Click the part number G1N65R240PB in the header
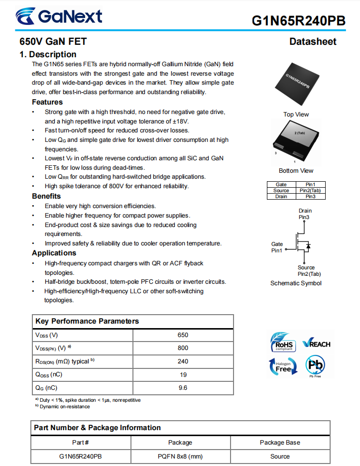coord(298,20)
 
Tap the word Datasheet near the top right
coord(313,42)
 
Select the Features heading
coord(47,102)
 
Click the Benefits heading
coord(46,196)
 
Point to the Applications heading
coord(54,253)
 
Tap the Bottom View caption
coord(296,171)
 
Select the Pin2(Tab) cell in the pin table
coord(310,191)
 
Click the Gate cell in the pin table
coord(281,185)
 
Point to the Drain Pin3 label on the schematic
coord(305,214)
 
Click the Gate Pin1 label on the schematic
coord(277,247)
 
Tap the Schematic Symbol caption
coord(296,283)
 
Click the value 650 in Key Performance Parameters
coord(183,335)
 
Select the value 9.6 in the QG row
coord(183,388)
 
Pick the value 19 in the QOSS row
coord(183,374)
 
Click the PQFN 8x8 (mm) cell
coord(180,456)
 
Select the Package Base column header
coord(280,442)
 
